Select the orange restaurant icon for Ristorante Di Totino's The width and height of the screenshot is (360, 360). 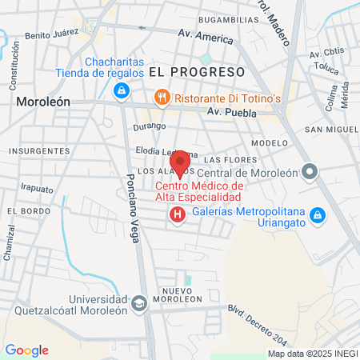[162, 97]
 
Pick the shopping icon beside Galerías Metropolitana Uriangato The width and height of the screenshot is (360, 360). [317, 215]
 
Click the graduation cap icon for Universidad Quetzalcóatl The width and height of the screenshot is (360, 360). [139, 303]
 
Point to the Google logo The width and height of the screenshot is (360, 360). [27, 350]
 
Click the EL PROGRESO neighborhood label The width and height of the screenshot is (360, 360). [195, 72]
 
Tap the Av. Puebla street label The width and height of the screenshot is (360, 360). [232, 113]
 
